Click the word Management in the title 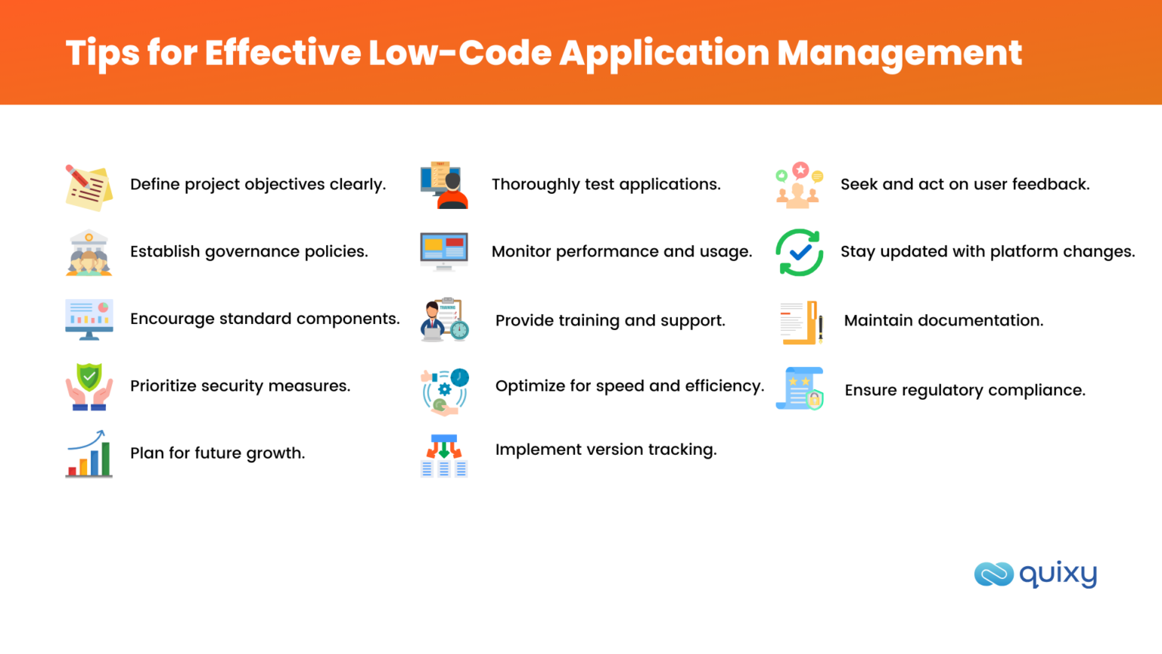[899, 53]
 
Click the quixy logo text [1058, 575]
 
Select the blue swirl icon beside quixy [993, 575]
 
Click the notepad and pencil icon [89, 187]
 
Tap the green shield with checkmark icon [89, 387]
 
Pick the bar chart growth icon [89, 454]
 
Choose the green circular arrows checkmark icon [799, 253]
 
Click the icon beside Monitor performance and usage [444, 251]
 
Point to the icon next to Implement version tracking [444, 456]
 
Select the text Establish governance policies [249, 252]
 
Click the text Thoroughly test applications [606, 185]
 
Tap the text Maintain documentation [943, 321]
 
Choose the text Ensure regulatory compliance [965, 391]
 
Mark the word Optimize [530, 387]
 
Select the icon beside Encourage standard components [89, 319]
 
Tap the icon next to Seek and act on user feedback [799, 185]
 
